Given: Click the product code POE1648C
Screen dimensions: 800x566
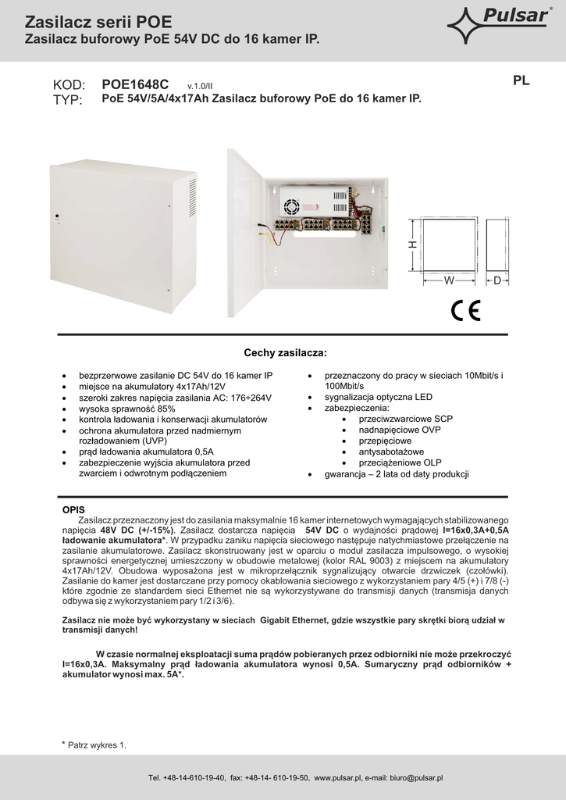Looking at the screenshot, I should (x=135, y=84).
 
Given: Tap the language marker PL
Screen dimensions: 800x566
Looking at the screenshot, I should (x=522, y=80).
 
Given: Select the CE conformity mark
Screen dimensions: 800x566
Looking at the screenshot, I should (x=465, y=310).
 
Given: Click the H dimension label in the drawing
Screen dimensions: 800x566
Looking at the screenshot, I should (x=413, y=245).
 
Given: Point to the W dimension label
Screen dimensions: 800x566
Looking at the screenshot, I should (x=449, y=280).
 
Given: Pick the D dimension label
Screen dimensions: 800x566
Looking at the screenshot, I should (x=497, y=280).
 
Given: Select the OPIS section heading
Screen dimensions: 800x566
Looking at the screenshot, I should (x=73, y=509).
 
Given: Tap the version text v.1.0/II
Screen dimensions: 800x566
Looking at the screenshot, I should (x=200, y=86).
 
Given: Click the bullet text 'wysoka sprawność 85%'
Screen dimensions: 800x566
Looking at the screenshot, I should (x=127, y=409).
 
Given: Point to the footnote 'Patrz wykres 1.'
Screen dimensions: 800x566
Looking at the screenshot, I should (x=97, y=745).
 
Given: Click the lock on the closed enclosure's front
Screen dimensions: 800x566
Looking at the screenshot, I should (x=56, y=216).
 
